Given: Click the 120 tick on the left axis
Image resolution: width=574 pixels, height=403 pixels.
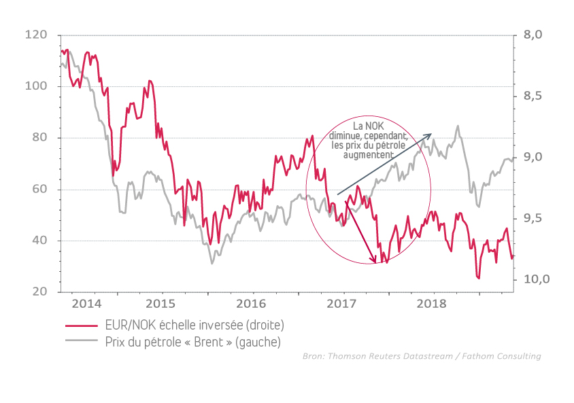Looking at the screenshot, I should [36, 35].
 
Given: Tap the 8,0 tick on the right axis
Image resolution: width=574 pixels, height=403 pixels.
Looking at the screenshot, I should [533, 35].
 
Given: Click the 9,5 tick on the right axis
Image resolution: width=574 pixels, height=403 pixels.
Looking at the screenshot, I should [533, 218].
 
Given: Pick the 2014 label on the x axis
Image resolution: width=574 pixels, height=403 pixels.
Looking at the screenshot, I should [86, 303].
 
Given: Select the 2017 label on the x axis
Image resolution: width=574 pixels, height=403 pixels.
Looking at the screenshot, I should [342, 303].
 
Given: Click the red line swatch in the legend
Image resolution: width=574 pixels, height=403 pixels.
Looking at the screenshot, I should [82, 326].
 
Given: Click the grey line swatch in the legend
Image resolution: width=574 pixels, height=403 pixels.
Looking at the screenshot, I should [82, 342].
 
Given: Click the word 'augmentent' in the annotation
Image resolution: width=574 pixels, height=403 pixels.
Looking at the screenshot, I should [368, 155].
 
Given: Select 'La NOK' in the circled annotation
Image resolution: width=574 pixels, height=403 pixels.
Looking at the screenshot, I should [368, 127].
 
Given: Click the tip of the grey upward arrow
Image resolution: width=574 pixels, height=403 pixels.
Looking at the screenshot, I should [432, 135].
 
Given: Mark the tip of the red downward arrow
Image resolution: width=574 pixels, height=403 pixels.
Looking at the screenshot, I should [375, 262].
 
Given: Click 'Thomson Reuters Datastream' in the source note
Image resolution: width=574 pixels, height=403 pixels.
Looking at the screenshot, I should [395, 356].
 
